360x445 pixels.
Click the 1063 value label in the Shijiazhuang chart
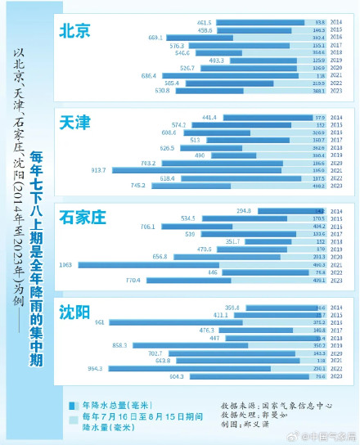pyautogui.click(x=65, y=264)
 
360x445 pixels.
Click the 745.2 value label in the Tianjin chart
pyautogui.click(x=137, y=186)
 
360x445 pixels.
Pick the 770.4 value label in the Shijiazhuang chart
pyautogui.click(x=133, y=280)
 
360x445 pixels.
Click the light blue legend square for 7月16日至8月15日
pyautogui.click(x=72, y=417)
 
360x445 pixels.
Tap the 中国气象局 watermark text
pyautogui.click(x=325, y=436)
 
